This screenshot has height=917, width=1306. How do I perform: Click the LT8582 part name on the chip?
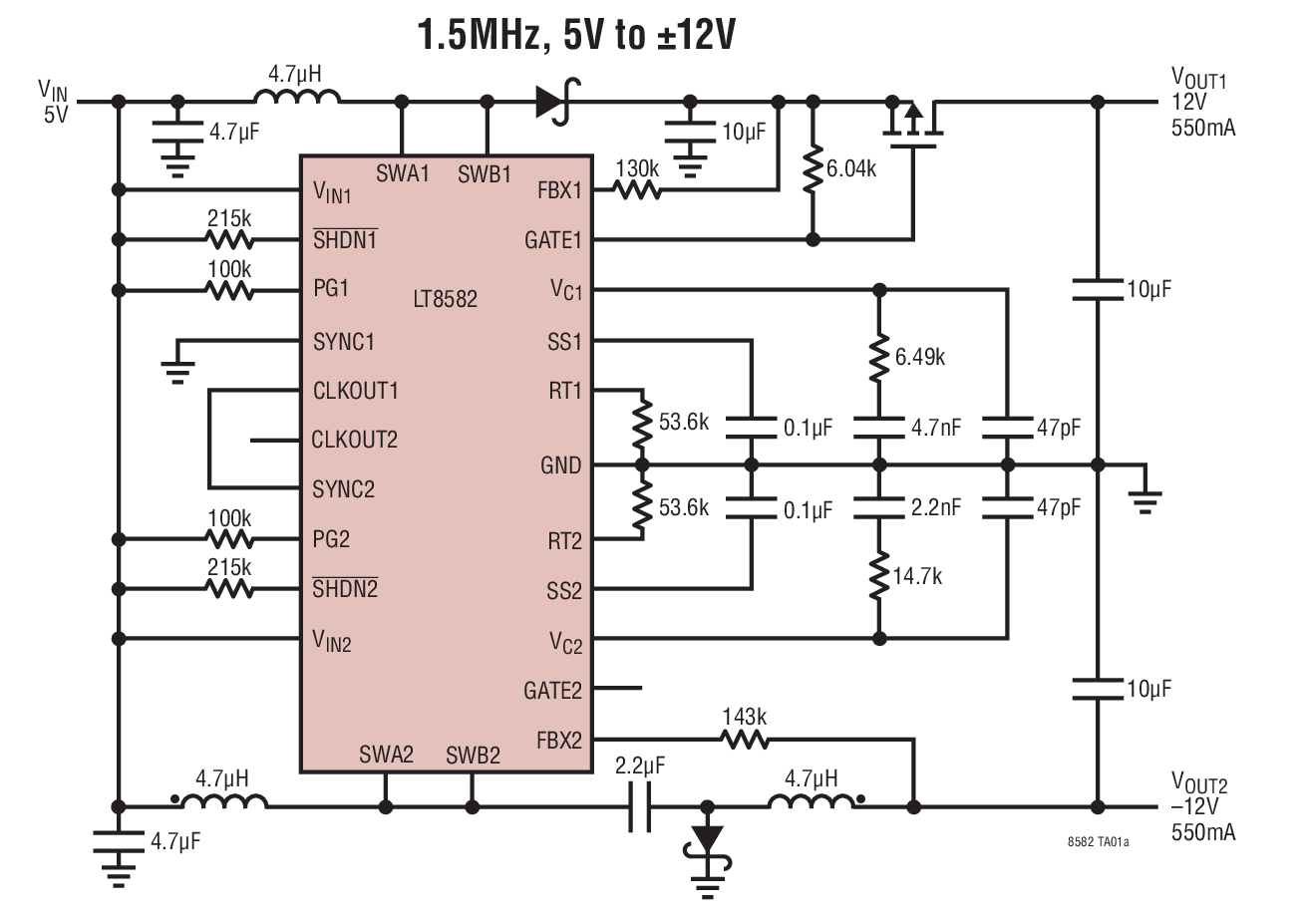coord(445,298)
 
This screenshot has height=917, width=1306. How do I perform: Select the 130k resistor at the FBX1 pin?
coord(636,189)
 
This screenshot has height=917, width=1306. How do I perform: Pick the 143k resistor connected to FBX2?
coord(744,740)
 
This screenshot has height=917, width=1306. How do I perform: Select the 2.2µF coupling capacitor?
coord(639,805)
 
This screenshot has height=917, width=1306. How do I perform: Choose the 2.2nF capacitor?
coord(878,506)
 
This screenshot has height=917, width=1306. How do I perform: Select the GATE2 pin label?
coord(552,690)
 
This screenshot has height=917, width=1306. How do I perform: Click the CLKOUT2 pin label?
coord(354,440)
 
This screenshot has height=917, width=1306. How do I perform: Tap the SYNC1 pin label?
coord(344,342)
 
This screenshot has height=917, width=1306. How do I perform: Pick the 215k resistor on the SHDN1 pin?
coord(229,240)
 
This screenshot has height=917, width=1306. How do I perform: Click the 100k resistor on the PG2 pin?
coord(229,539)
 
